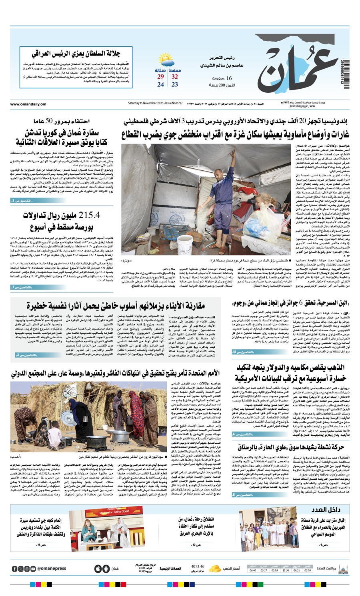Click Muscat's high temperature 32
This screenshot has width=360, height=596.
pos(175,77)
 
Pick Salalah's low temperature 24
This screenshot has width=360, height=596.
pos(160,85)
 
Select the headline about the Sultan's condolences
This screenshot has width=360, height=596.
pos(76,54)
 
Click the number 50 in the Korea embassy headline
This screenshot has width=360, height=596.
pos(50,121)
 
